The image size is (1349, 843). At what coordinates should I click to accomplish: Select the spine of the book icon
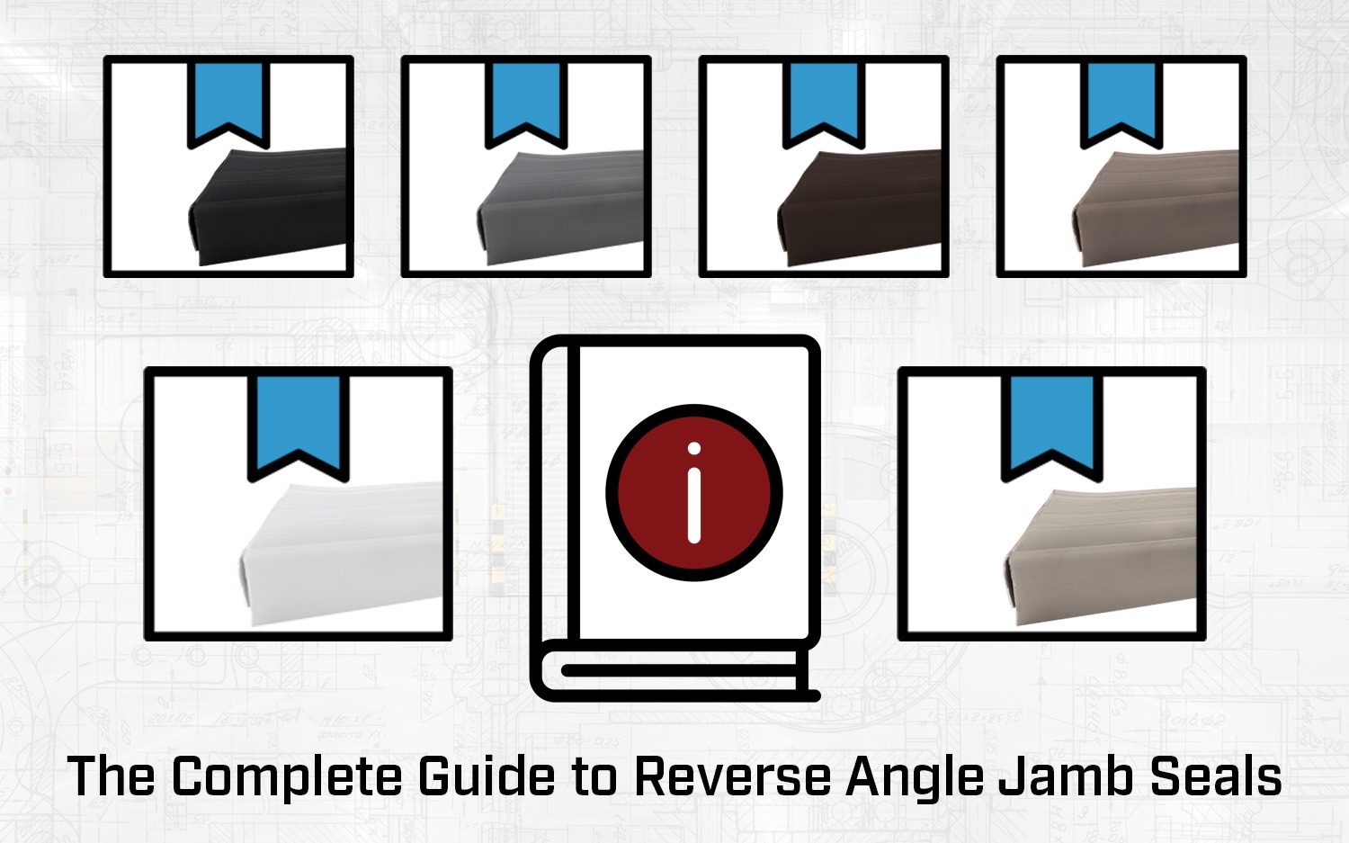click(x=556, y=495)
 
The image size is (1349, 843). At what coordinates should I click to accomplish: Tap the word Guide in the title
click(x=487, y=776)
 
